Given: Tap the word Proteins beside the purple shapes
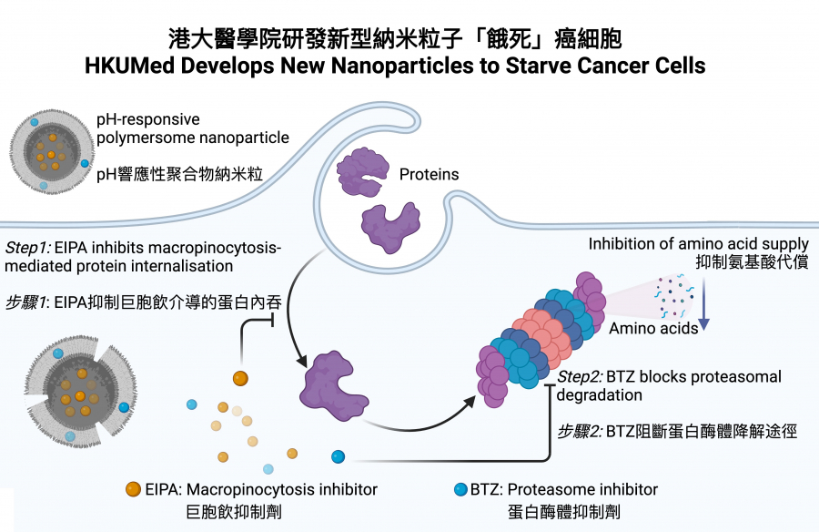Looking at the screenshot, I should [429, 173].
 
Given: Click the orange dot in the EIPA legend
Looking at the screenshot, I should [135, 489].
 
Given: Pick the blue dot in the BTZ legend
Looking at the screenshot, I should [459, 489].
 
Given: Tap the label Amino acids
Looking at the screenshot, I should [652, 328].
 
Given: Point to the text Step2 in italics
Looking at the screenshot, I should [580, 376].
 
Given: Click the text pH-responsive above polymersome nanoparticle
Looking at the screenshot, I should [148, 119].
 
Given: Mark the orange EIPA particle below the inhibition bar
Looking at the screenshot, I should [240, 377].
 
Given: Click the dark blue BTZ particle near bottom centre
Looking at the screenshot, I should [339, 456].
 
